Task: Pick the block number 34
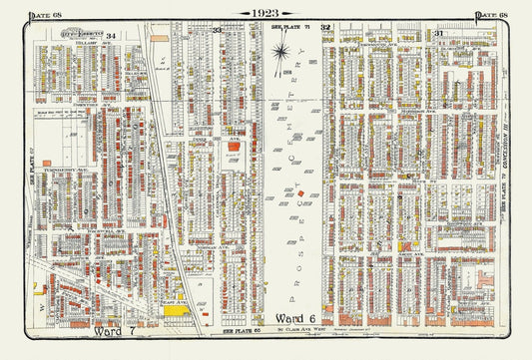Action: [113, 35]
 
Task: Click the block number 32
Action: [325, 30]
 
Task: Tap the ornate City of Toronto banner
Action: [74, 34]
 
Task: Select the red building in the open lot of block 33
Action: [235, 147]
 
